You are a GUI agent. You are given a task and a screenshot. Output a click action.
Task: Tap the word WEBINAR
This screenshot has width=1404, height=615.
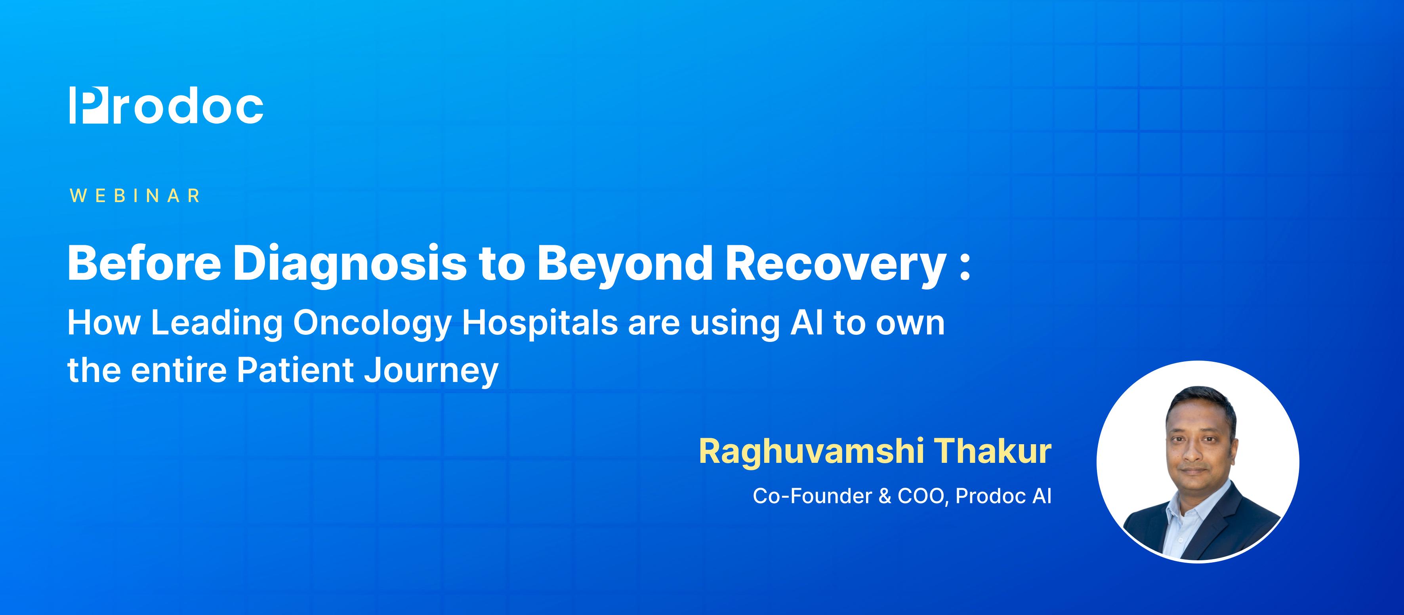coord(135,196)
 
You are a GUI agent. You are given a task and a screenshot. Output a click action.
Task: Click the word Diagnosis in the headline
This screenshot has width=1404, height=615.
coord(349,264)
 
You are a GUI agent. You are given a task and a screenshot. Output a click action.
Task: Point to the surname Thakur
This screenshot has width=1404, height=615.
coord(994,451)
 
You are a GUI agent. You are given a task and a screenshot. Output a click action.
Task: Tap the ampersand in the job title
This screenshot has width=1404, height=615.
coord(885,496)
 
